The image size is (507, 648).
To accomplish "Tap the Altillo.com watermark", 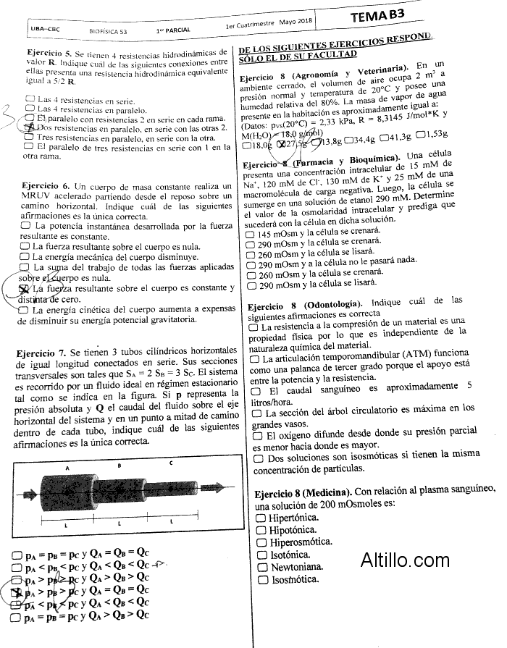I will [x=405, y=559].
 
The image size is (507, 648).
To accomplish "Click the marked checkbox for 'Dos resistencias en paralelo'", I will [x=29, y=127].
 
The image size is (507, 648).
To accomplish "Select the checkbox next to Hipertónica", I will [x=261, y=518].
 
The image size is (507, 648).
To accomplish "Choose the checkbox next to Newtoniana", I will [x=261, y=568].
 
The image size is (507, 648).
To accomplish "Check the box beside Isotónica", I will [x=261, y=555].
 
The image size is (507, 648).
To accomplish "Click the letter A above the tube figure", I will [x=68, y=468].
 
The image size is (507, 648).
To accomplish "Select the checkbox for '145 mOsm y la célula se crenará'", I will [x=251, y=235].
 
